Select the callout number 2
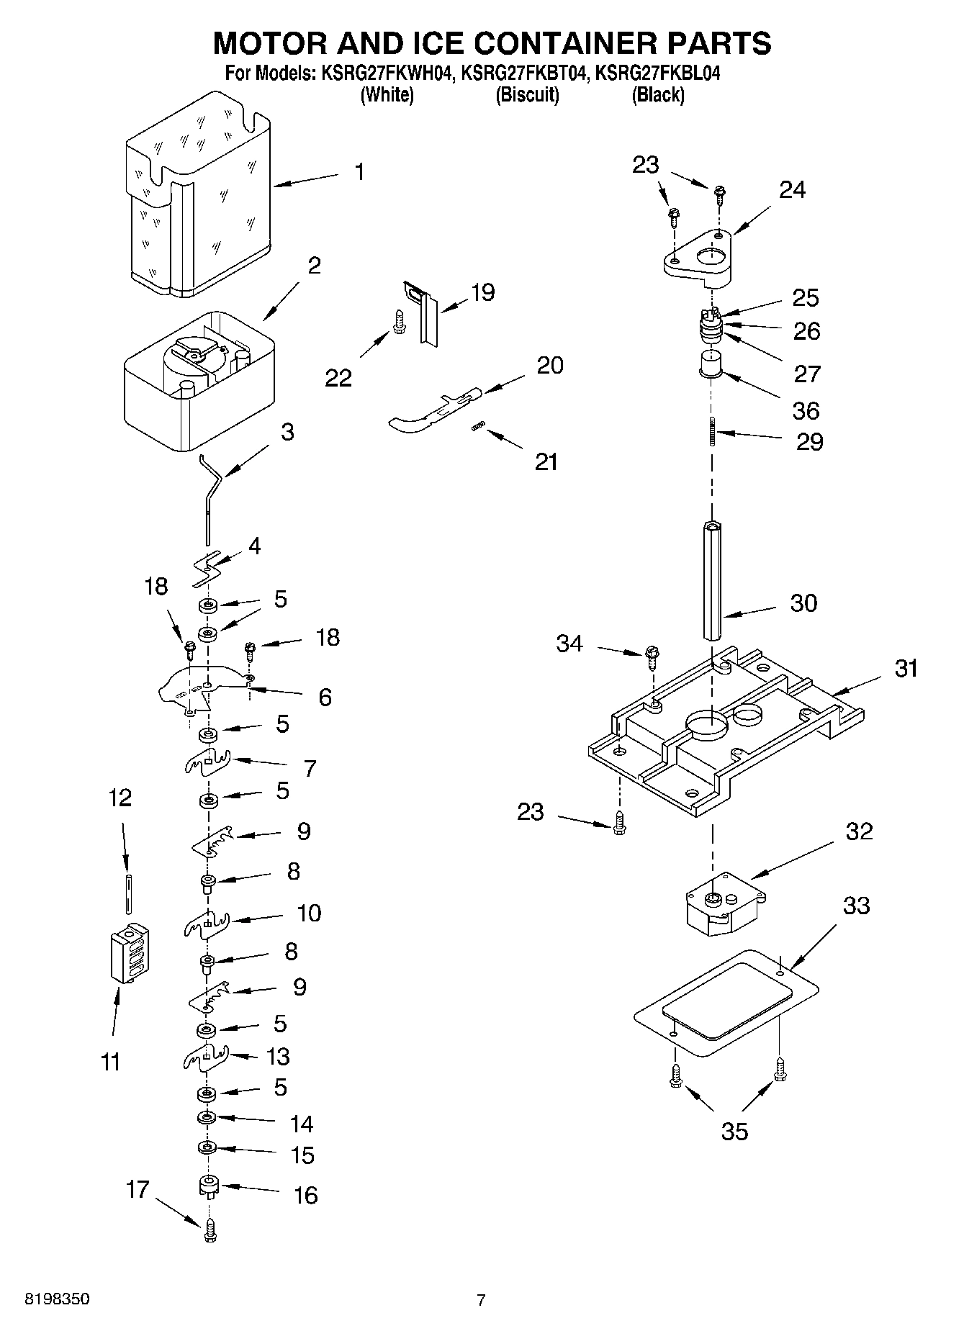click(314, 266)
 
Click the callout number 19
click(482, 292)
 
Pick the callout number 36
click(806, 410)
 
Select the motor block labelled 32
click(724, 904)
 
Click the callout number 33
click(856, 906)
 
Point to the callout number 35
click(734, 1131)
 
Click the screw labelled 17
click(210, 1234)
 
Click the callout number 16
click(305, 1195)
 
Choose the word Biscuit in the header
click(527, 95)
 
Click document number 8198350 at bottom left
click(58, 1299)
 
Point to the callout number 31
click(906, 668)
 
